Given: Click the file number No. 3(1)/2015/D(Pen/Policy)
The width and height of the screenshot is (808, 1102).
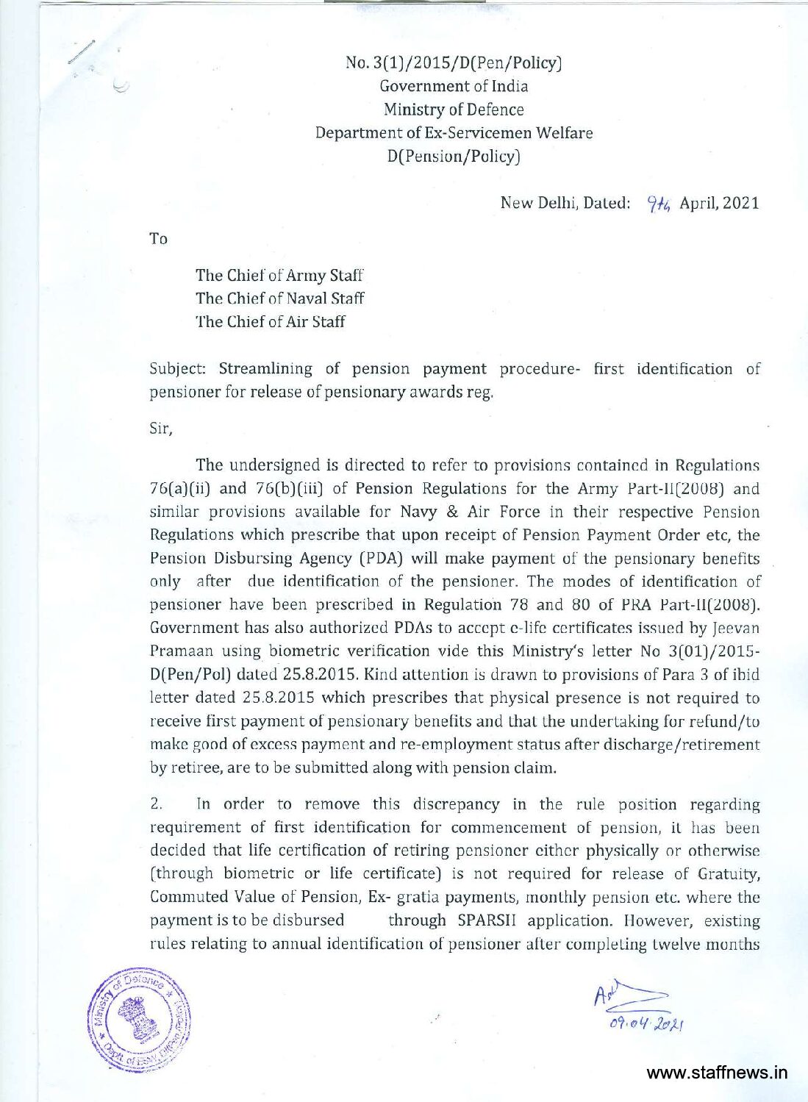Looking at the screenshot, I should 454,62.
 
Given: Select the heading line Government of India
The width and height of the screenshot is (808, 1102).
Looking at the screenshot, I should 454,86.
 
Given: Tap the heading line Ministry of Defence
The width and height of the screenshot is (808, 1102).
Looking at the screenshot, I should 454,110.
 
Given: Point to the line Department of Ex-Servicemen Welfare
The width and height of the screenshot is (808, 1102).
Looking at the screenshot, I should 454,133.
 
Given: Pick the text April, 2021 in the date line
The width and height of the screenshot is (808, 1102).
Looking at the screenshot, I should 719,203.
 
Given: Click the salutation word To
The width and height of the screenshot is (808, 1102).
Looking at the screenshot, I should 158,239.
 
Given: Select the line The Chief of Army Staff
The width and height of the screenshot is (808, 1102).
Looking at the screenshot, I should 279,275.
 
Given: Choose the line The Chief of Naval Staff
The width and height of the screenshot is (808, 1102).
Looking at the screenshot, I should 279,298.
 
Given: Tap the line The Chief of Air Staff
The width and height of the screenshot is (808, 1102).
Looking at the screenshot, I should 270,321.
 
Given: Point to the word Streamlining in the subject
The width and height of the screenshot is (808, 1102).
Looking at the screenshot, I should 265,369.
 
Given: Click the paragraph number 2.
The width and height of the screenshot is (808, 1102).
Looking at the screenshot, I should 156,804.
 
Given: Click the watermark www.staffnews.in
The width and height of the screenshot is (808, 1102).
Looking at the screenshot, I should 717,1073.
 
